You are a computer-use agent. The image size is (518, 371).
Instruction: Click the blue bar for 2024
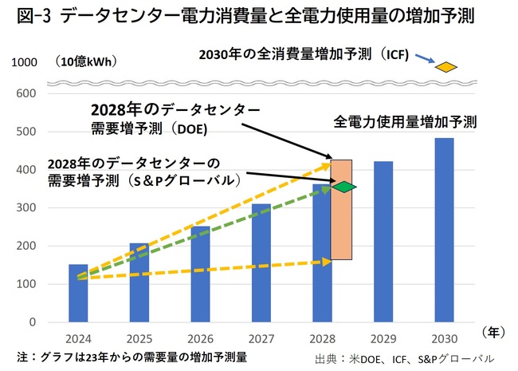pos(79,293)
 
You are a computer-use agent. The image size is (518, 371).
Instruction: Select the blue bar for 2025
pos(138,282)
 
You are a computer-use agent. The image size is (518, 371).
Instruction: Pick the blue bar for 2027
pos(261,263)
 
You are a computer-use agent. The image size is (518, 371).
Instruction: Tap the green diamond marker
pos(344,187)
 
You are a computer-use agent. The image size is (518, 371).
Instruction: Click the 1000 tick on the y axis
pos(26,62)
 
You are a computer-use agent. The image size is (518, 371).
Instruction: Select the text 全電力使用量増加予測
pos(406,124)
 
